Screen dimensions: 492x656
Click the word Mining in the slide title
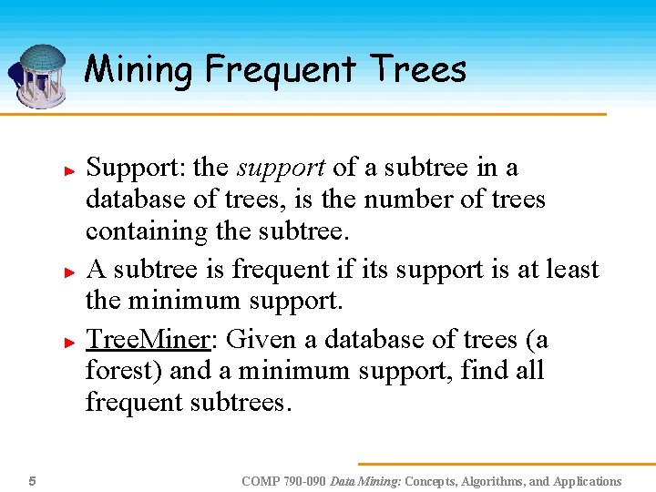[x=139, y=69]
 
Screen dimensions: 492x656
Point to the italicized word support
[x=280, y=169]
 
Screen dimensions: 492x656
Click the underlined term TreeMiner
[x=148, y=340]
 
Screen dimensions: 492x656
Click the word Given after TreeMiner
[x=261, y=340]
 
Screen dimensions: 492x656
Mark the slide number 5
[x=32, y=481]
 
